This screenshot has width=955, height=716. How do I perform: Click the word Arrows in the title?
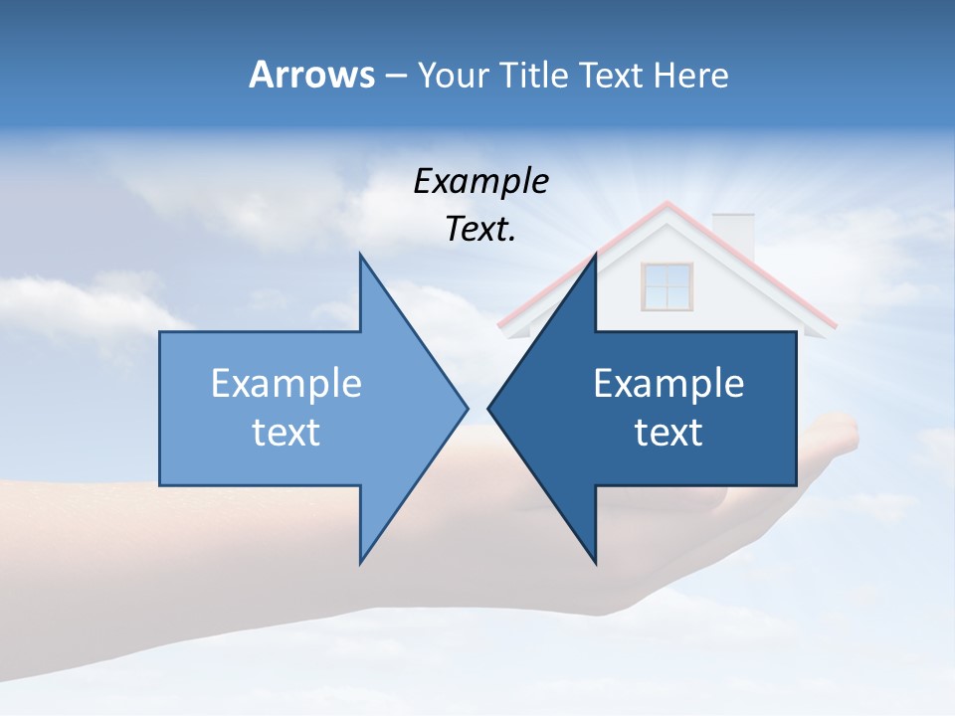point(311,75)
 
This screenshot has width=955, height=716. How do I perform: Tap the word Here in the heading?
point(690,75)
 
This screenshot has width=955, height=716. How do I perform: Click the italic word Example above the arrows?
point(480,182)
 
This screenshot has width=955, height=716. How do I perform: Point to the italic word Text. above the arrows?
point(480,230)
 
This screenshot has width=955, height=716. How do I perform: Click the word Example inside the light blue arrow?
point(286,384)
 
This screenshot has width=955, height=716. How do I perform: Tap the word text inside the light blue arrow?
point(286,433)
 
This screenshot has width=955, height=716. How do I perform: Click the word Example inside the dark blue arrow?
point(668,384)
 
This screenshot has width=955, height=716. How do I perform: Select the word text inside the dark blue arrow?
point(668,433)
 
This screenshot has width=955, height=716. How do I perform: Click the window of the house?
point(666,285)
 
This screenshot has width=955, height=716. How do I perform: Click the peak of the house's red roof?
point(667,204)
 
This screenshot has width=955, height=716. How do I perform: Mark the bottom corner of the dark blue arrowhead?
point(596,562)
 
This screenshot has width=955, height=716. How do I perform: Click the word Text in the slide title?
point(612,75)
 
